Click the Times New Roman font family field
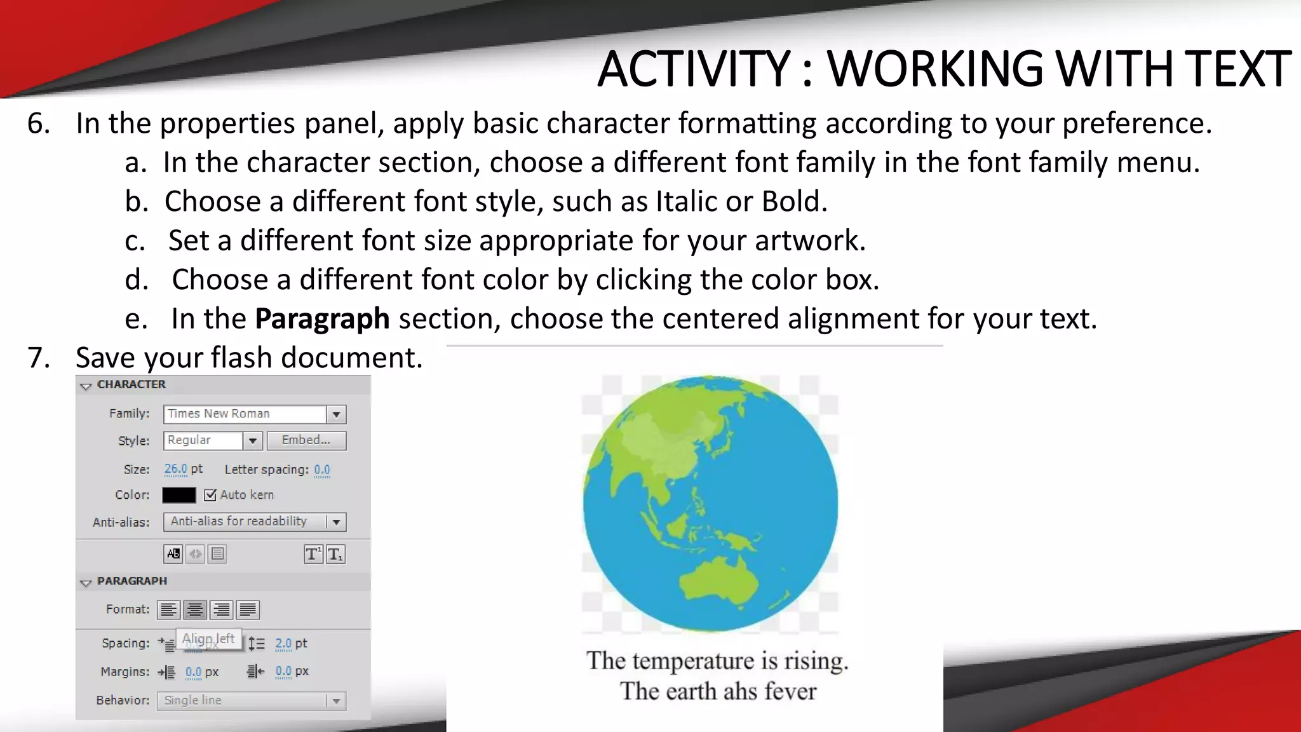[245, 414]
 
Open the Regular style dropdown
[252, 440]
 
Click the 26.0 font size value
[175, 469]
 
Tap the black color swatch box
[179, 495]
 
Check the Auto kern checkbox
[210, 495]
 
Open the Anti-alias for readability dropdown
[336, 522]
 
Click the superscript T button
[313, 554]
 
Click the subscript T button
[335, 554]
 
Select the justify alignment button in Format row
[248, 609]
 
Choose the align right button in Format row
[221, 609]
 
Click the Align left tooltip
[208, 639]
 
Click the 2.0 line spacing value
[283, 643]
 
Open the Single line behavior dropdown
[336, 700]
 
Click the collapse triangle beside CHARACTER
[86, 386]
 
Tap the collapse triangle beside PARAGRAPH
[86, 582]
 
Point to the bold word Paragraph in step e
[322, 318]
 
